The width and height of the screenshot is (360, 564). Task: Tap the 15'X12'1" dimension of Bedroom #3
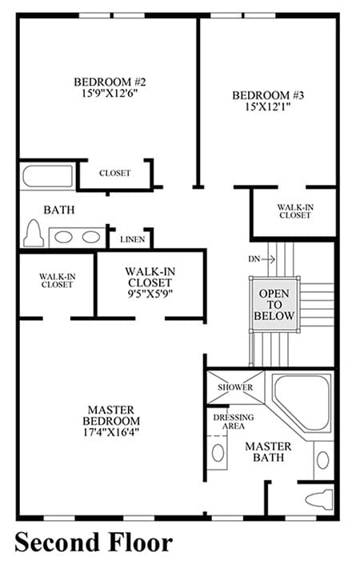pyautogui.click(x=268, y=107)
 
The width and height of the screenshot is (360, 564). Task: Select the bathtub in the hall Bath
pyautogui.click(x=47, y=176)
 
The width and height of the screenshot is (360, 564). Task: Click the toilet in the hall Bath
pyautogui.click(x=34, y=233)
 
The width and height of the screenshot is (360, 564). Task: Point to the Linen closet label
pyautogui.click(x=133, y=239)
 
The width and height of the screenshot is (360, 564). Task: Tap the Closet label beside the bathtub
pyautogui.click(x=114, y=173)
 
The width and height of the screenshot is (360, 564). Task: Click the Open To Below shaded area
pyautogui.click(x=274, y=304)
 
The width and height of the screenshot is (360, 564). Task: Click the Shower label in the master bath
pyautogui.click(x=235, y=387)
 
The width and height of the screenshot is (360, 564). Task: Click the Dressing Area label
pyautogui.click(x=234, y=422)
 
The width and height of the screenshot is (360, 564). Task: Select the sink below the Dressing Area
pyautogui.click(x=218, y=453)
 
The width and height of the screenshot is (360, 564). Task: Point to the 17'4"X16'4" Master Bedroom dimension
pyautogui.click(x=111, y=432)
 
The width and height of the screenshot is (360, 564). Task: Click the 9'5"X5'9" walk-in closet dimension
pyautogui.click(x=150, y=294)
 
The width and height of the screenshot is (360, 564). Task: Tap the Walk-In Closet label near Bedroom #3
pyautogui.click(x=295, y=211)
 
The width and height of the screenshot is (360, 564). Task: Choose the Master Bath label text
pyautogui.click(x=268, y=452)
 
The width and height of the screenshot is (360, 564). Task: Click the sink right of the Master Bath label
pyautogui.click(x=322, y=460)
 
